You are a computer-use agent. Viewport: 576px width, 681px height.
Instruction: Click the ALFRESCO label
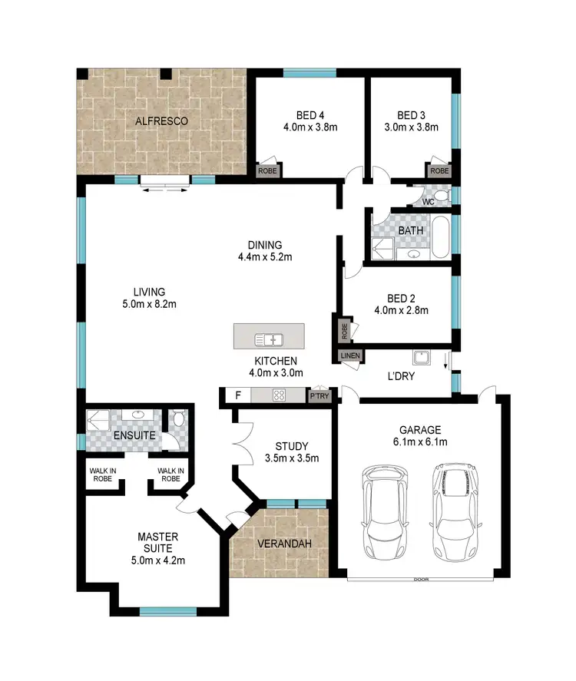[162, 121]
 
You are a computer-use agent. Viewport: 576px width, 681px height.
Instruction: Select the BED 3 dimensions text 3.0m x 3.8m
[411, 127]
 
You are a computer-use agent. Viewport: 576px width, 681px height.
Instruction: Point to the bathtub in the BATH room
[441, 240]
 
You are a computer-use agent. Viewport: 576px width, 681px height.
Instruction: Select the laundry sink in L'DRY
[421, 358]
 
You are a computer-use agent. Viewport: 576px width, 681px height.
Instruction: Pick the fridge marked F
[237, 396]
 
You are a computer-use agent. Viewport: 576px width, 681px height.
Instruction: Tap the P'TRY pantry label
[318, 397]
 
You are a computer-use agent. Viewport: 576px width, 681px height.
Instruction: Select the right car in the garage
[454, 513]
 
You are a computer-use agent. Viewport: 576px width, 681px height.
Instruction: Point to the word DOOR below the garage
[420, 579]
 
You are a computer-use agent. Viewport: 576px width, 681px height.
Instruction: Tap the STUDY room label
[291, 446]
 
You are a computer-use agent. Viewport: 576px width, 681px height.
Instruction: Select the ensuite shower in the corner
[98, 421]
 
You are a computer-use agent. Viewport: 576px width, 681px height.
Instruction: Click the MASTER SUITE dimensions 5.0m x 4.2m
[157, 560]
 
